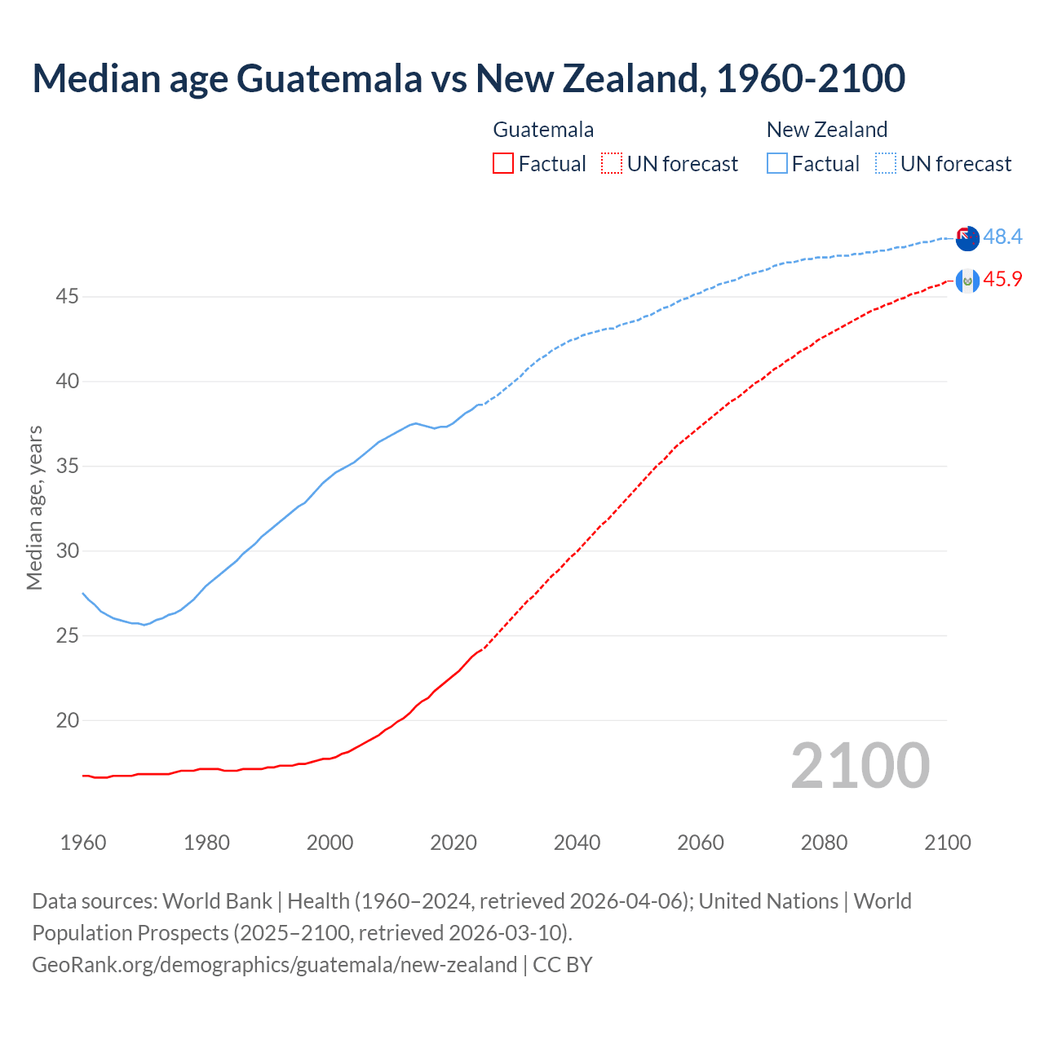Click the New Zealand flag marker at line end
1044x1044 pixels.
click(967, 239)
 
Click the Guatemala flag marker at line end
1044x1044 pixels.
click(967, 281)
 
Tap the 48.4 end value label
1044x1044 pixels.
click(1002, 237)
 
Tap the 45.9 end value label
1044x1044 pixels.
click(1002, 280)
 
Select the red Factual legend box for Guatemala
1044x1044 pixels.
click(503, 164)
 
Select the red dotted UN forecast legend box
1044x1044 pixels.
click(612, 164)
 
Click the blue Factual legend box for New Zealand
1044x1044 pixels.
click(777, 164)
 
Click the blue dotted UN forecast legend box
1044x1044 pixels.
click(885, 164)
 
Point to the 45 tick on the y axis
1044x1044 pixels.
click(67, 297)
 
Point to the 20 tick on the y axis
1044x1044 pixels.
click(67, 720)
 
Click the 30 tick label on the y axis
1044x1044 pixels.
click(67, 551)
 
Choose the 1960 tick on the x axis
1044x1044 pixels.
click(83, 843)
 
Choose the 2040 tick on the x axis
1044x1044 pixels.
click(577, 843)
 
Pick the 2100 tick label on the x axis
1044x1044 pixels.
click(947, 843)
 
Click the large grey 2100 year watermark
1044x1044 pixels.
click(860, 766)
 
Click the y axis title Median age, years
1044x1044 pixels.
click(34, 507)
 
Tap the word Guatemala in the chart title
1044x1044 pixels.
click(330, 78)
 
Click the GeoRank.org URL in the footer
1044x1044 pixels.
click(274, 965)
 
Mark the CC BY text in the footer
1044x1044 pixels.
click(562, 965)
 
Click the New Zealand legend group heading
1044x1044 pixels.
click(826, 130)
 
